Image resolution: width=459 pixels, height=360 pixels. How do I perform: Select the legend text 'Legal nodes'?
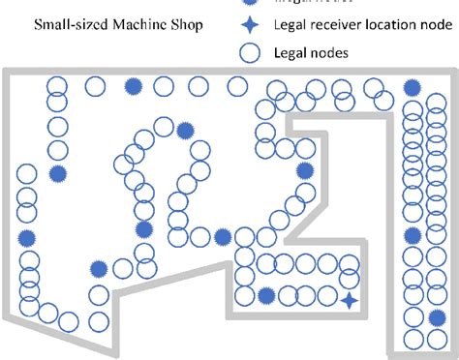(312, 54)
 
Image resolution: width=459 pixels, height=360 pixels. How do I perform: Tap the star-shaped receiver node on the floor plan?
(350, 302)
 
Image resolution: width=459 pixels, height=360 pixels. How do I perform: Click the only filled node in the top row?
(134, 87)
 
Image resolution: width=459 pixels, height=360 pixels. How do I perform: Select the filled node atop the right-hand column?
(413, 88)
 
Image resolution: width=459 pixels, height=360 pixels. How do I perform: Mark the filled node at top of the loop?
(184, 125)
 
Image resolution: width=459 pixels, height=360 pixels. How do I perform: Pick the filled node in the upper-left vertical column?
(58, 174)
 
